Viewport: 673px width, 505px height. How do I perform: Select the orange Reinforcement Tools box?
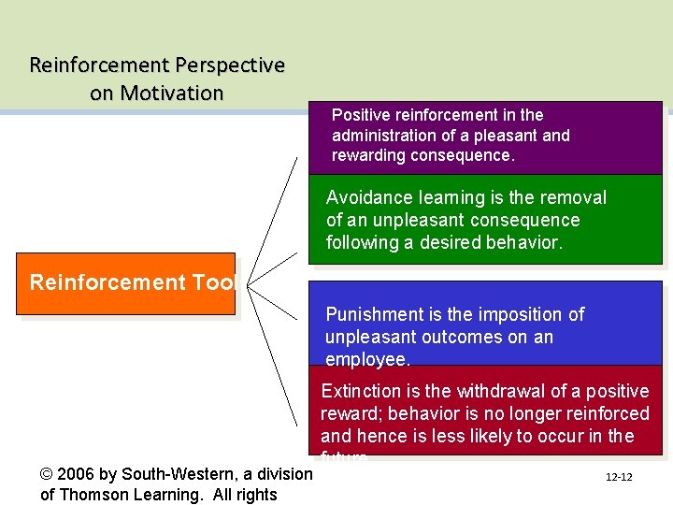(125, 283)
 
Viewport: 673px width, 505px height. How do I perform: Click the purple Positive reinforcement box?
(486, 137)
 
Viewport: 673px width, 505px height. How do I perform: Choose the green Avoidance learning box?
(486, 222)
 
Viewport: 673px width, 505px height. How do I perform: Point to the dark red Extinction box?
(486, 411)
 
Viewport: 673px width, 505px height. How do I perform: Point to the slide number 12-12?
(619, 477)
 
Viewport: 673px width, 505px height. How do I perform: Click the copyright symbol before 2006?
(48, 474)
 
